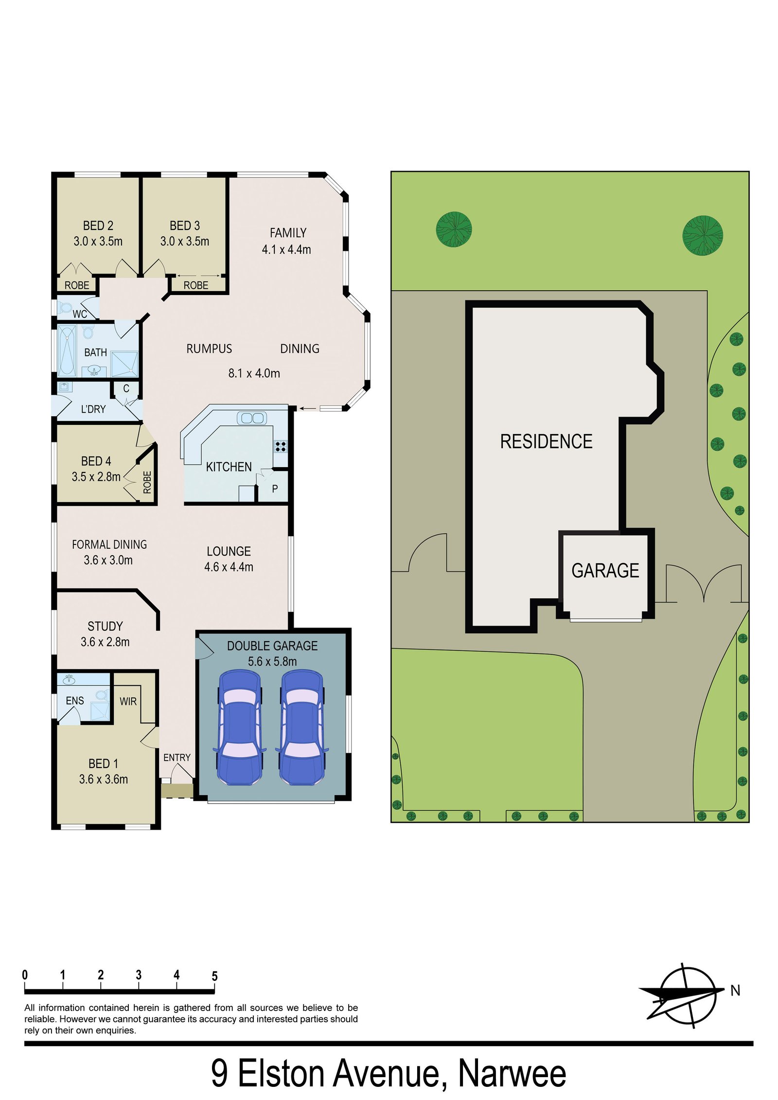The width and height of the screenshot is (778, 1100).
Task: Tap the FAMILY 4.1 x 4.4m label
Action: click(287, 241)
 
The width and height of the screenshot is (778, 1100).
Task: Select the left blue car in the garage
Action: click(240, 727)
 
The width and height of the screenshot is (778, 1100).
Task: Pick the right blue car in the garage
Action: click(302, 727)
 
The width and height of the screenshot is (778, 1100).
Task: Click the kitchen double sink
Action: click(251, 418)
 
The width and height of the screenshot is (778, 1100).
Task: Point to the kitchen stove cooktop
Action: click(281, 446)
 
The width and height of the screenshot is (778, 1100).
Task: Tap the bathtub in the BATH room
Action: click(67, 350)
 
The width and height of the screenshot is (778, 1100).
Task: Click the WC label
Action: click(80, 314)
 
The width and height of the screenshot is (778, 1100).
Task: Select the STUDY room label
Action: click(105, 626)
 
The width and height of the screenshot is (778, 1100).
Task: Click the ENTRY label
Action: click(177, 757)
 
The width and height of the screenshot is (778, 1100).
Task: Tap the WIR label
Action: click(128, 701)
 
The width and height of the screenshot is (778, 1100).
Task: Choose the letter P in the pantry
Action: click(275, 489)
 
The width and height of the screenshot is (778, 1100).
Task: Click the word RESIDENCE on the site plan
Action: click(546, 441)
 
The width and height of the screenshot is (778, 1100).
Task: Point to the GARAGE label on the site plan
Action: click(605, 570)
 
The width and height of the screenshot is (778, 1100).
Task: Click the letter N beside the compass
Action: click(735, 990)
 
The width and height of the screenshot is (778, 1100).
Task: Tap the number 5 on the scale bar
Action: click(214, 976)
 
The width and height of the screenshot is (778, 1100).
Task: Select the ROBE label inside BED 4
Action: click(147, 482)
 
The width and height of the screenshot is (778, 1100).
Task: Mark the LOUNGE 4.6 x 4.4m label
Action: click(229, 559)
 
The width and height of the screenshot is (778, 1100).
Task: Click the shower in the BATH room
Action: click(124, 364)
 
